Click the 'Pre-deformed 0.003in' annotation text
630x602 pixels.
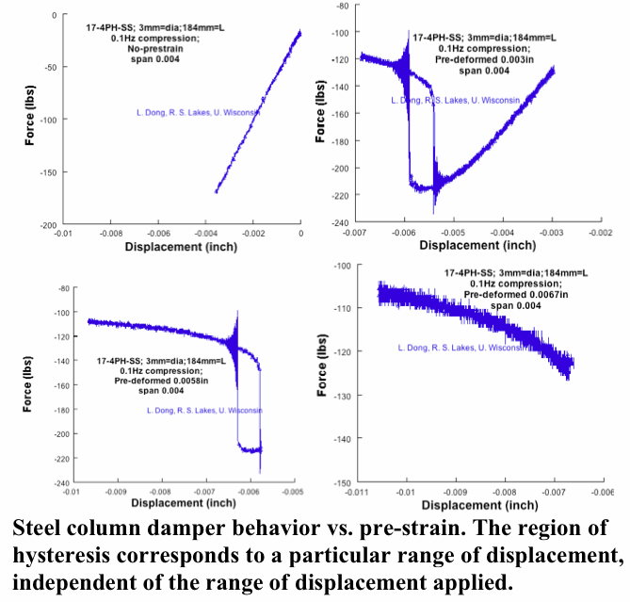501,58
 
